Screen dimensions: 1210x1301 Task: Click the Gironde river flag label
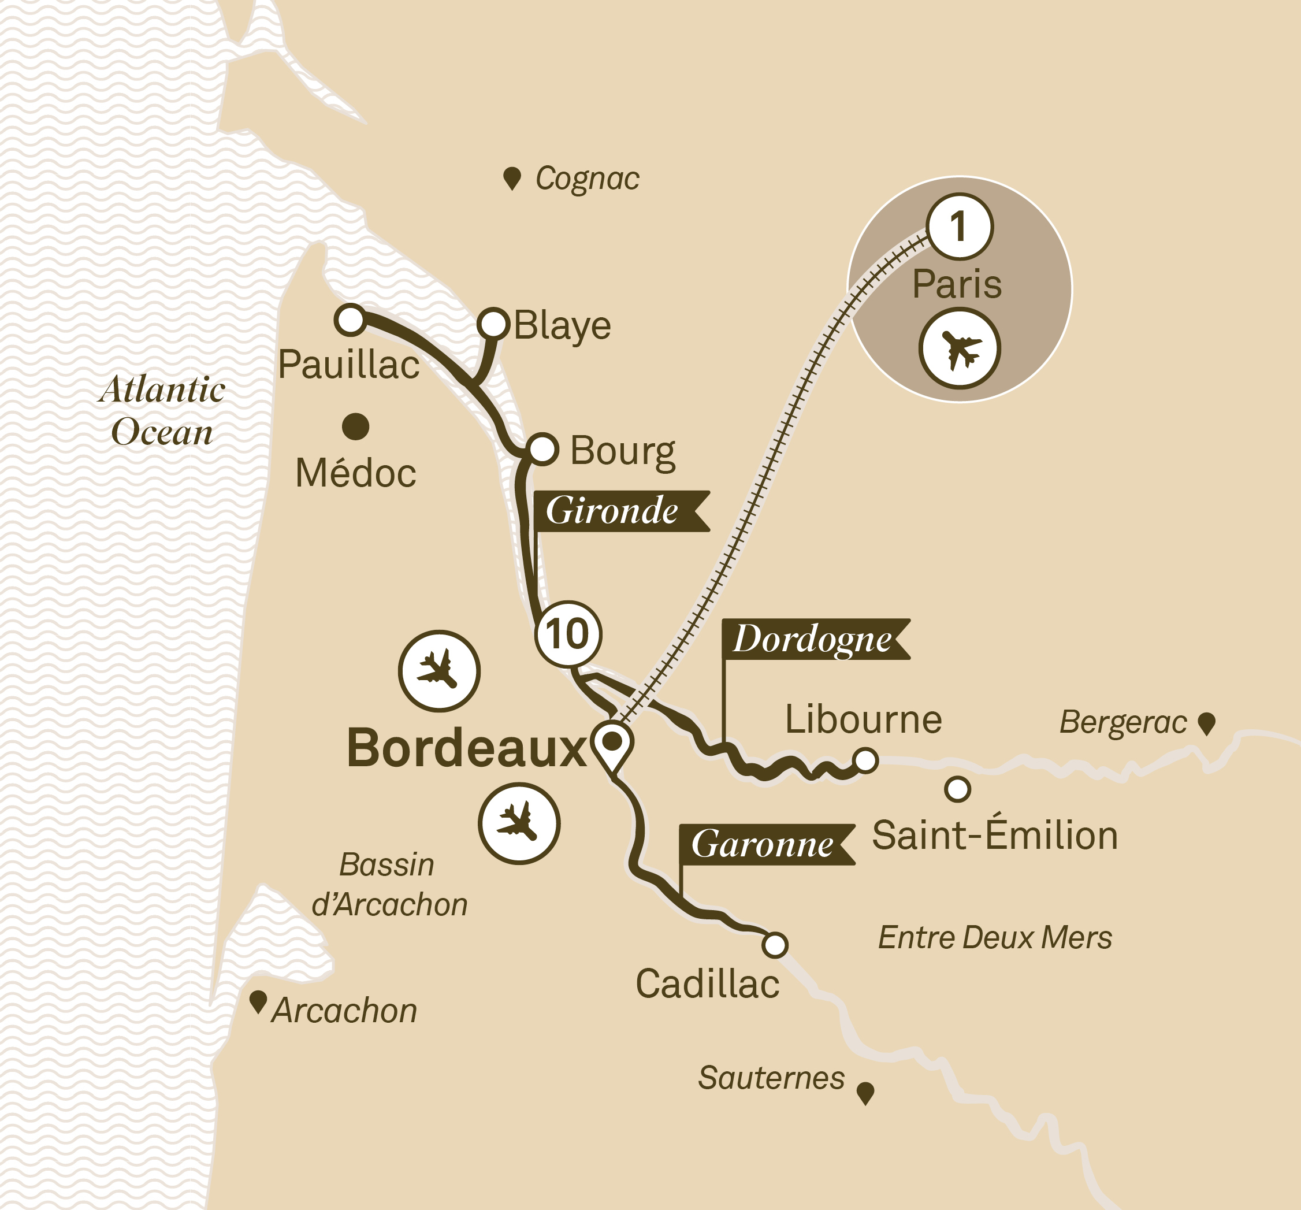tap(618, 511)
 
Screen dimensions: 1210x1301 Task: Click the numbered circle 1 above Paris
tap(960, 227)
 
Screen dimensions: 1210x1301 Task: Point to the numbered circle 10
tap(567, 633)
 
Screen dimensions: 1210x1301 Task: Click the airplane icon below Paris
tap(960, 349)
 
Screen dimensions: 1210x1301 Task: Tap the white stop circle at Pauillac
tap(350, 320)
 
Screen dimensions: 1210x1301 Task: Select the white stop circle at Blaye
tap(493, 323)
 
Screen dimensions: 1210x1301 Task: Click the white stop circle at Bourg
tap(542, 449)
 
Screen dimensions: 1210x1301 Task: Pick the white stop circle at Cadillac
tap(775, 945)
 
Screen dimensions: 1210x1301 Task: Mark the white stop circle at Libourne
tap(866, 760)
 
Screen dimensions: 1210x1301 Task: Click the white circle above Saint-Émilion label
tap(957, 789)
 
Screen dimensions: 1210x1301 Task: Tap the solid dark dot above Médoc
tap(355, 426)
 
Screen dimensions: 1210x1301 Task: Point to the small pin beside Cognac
tap(512, 177)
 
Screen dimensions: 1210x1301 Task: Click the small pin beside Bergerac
tap(1206, 723)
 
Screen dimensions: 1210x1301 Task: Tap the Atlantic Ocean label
tap(162, 410)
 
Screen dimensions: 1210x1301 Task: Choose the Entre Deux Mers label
tap(995, 938)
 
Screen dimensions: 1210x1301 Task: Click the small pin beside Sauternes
tap(865, 1092)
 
